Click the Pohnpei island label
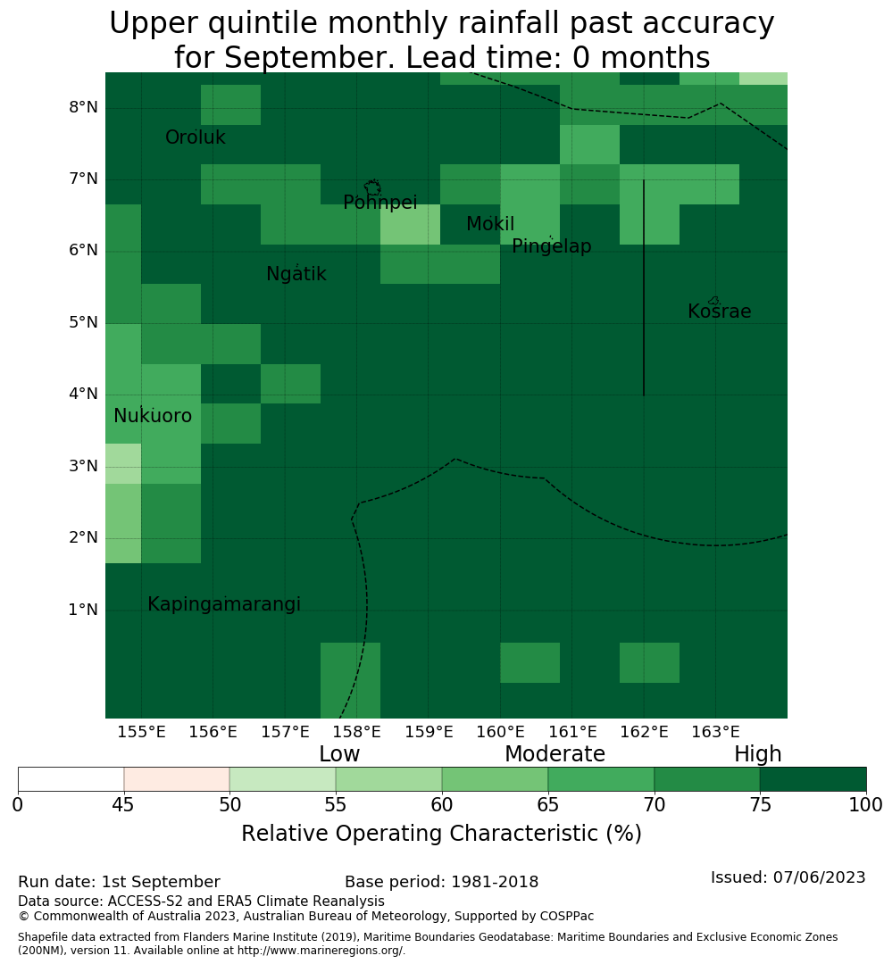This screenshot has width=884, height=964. (380, 203)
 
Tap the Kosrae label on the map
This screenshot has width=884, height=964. (719, 312)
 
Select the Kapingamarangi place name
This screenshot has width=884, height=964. (224, 604)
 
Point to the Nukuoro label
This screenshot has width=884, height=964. (153, 416)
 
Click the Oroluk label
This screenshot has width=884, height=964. (196, 137)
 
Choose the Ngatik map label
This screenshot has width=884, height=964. (296, 274)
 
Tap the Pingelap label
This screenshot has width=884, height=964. (552, 246)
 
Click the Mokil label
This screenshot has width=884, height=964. (490, 224)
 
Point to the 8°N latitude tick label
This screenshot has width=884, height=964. (83, 108)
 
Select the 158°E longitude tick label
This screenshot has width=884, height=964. (357, 732)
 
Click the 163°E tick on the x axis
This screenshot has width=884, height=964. (715, 732)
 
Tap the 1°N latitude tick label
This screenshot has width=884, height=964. (83, 610)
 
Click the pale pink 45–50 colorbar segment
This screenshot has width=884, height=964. (177, 779)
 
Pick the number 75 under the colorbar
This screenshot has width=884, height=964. (761, 805)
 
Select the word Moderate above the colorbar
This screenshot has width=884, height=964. (555, 753)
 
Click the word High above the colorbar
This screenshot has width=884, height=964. (758, 753)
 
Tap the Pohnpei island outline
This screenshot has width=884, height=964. (372, 187)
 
